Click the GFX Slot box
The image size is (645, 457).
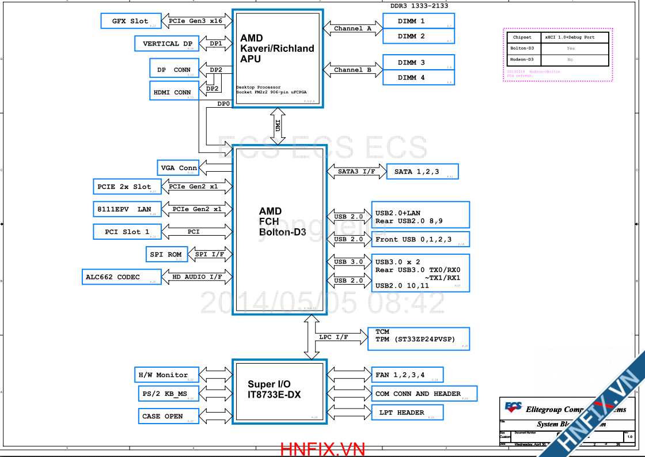pyautogui.click(x=130, y=21)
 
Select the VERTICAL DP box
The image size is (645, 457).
pyautogui.click(x=168, y=44)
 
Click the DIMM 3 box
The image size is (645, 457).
pyautogui.click(x=419, y=62)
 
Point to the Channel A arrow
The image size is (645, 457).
pyautogui.click(x=352, y=28)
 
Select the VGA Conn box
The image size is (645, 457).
pyautogui.click(x=179, y=168)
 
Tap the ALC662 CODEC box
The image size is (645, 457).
pyautogui.click(x=120, y=277)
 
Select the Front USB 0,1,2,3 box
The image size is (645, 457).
pyautogui.click(x=420, y=239)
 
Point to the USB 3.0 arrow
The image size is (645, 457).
pyautogui.click(x=348, y=262)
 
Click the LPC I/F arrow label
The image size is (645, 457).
pyautogui.click(x=333, y=337)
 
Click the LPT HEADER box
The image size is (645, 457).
pyautogui.click(x=407, y=413)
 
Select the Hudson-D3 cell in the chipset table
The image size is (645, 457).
pyautogui.click(x=522, y=60)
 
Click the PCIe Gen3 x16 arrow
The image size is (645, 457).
pyautogui.click(x=195, y=21)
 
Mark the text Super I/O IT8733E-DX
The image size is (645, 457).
pyautogui.click(x=274, y=390)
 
